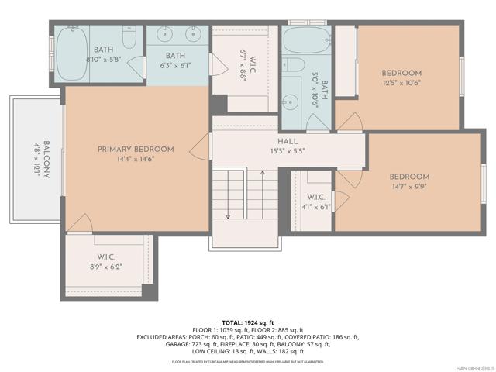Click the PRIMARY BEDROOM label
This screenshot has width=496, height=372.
(136, 149)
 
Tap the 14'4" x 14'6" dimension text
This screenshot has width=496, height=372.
(136, 160)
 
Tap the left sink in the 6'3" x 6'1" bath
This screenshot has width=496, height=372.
(165, 35)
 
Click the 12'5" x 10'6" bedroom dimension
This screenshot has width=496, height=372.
(401, 84)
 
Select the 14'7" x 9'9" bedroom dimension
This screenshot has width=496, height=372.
(408, 187)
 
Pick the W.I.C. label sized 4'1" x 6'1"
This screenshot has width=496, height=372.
(316, 197)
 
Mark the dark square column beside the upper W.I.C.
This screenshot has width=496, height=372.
(219, 104)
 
